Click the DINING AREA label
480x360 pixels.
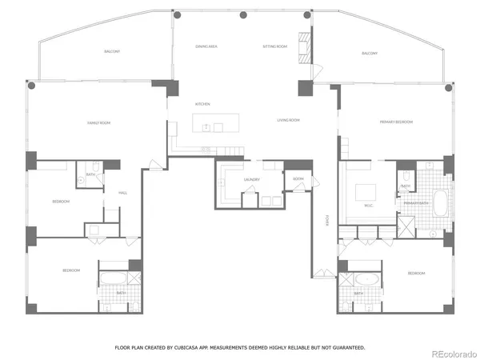[x=206, y=47]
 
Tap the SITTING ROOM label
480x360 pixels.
[x=274, y=47]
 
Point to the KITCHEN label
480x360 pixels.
[x=203, y=105]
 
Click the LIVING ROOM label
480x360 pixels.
[x=288, y=120]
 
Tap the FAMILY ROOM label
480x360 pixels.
[x=99, y=122]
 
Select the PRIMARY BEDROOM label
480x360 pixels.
[x=396, y=122]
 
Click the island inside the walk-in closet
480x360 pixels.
[x=366, y=192]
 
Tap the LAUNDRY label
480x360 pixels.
[x=251, y=180]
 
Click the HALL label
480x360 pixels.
[x=123, y=192]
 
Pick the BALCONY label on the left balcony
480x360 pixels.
[x=112, y=51]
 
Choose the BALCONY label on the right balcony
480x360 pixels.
[x=370, y=53]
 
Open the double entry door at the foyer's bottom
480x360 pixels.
[x=322, y=270]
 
